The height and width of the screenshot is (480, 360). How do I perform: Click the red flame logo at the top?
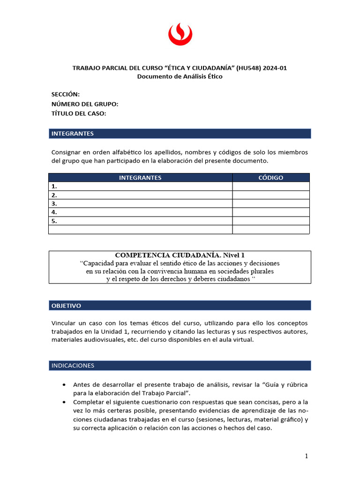[180, 35]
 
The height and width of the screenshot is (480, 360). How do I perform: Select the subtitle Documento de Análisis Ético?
[180, 76]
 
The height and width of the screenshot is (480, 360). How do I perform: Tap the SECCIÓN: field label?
[65, 94]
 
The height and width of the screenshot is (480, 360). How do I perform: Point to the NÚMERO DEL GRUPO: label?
[84, 104]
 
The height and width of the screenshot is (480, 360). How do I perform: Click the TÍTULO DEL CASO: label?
[79, 113]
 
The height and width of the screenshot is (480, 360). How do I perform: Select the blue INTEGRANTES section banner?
[180, 134]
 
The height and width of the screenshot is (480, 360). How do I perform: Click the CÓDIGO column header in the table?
[271, 178]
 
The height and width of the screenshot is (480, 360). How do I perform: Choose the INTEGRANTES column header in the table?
[140, 178]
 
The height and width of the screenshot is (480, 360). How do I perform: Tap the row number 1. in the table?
[54, 186]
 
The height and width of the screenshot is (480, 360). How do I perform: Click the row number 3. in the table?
[54, 203]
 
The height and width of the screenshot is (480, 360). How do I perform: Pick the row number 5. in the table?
[54, 221]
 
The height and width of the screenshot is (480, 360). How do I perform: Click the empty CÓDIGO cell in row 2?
[271, 195]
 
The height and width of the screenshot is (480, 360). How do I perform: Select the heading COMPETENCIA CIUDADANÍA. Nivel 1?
[180, 255]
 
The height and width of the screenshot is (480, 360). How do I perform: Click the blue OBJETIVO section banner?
[180, 306]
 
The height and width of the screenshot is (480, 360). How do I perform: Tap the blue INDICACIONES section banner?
[180, 365]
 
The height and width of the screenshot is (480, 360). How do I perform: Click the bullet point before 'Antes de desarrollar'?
[64, 385]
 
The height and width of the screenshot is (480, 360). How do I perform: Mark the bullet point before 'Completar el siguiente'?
[64, 402]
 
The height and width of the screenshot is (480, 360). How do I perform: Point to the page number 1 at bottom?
[306, 456]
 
